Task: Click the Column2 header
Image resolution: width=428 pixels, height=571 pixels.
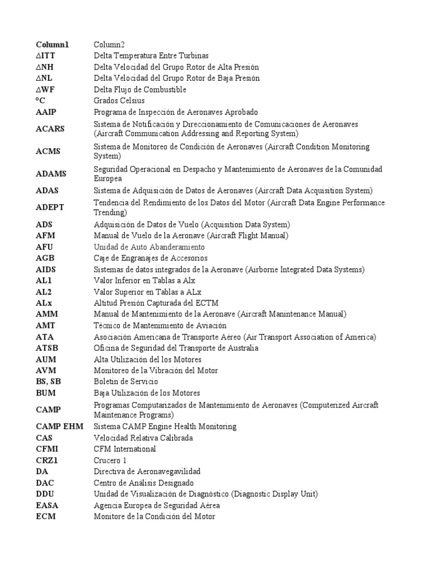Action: click(110, 44)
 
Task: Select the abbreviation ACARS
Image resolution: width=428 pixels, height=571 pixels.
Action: click(50, 129)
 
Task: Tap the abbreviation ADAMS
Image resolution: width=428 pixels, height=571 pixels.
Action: click(51, 173)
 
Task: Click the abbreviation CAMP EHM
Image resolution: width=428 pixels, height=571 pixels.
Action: click(59, 427)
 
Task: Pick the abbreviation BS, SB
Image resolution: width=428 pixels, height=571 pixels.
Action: click(48, 381)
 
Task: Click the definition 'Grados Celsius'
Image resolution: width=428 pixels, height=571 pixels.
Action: click(119, 100)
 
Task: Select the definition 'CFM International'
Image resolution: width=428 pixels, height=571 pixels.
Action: click(125, 449)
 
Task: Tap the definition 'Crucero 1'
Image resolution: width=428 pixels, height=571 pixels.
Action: click(110, 460)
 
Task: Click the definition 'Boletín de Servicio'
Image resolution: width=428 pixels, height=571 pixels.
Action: click(126, 381)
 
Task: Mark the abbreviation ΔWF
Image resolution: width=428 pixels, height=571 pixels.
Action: click(46, 89)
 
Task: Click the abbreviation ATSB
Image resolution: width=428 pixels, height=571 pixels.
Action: click(47, 348)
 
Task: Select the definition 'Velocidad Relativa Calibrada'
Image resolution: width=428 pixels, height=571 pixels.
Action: click(143, 438)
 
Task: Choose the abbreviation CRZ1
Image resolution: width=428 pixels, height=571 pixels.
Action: click(47, 460)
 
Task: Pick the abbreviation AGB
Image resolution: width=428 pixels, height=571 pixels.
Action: click(45, 258)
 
